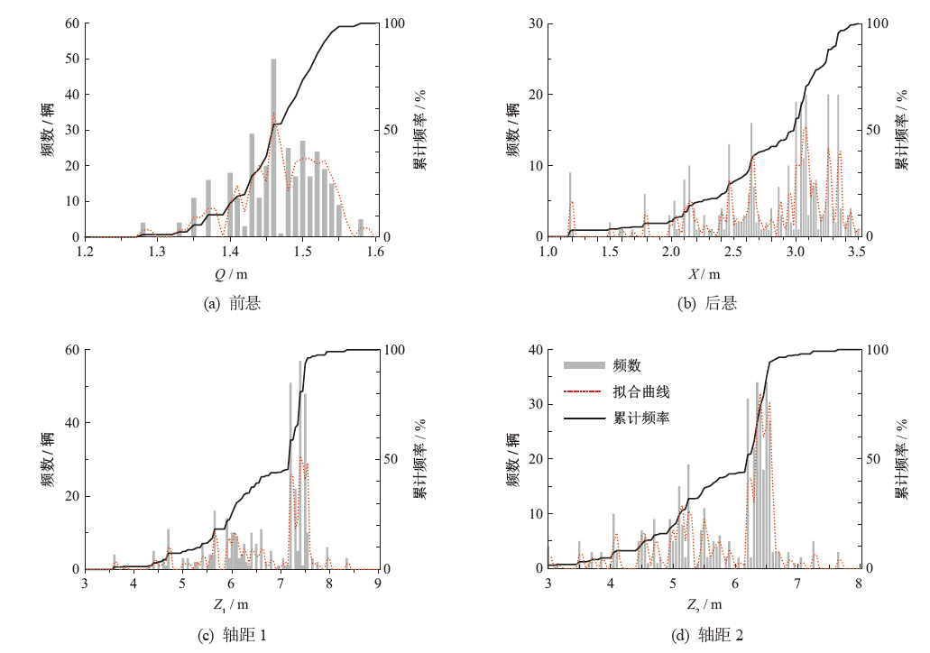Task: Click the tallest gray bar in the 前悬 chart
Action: [x=273, y=149]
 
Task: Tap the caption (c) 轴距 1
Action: [x=232, y=636]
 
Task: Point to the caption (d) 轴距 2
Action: [x=708, y=636]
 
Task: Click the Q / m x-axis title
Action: [x=232, y=273]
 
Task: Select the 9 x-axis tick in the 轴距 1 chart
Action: [x=378, y=584]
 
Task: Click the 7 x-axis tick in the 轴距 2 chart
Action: [x=796, y=584]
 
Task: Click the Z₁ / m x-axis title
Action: [x=230, y=604]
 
